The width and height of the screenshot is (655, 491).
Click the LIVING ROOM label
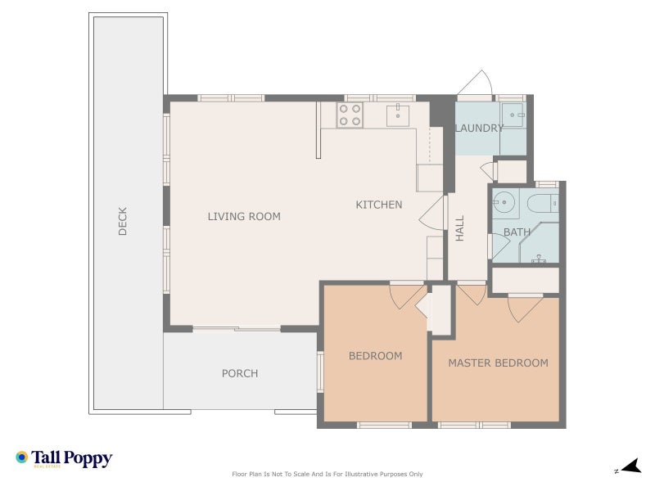click(244, 216)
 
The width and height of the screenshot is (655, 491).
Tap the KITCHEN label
click(379, 205)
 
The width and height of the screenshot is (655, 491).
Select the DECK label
click(122, 221)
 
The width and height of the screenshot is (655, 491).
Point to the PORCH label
click(240, 373)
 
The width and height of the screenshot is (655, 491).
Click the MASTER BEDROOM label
click(499, 363)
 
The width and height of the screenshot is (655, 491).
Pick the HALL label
click(459, 228)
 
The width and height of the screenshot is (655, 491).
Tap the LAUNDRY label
click(479, 128)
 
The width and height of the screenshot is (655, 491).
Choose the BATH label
click(517, 232)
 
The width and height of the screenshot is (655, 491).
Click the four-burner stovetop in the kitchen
click(350, 115)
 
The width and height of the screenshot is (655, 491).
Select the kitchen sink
click(398, 115)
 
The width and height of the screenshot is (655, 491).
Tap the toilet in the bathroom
click(543, 204)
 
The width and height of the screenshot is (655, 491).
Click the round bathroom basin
click(504, 202)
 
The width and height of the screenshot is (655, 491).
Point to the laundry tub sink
click(513, 115)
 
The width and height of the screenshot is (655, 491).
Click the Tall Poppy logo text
click(71, 458)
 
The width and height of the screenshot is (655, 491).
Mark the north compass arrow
click(631, 466)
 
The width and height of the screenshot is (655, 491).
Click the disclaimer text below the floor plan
click(327, 474)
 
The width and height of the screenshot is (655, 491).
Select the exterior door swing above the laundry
click(477, 83)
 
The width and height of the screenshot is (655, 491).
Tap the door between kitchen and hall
click(432, 213)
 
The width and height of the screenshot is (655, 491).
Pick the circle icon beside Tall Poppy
click(22, 457)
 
